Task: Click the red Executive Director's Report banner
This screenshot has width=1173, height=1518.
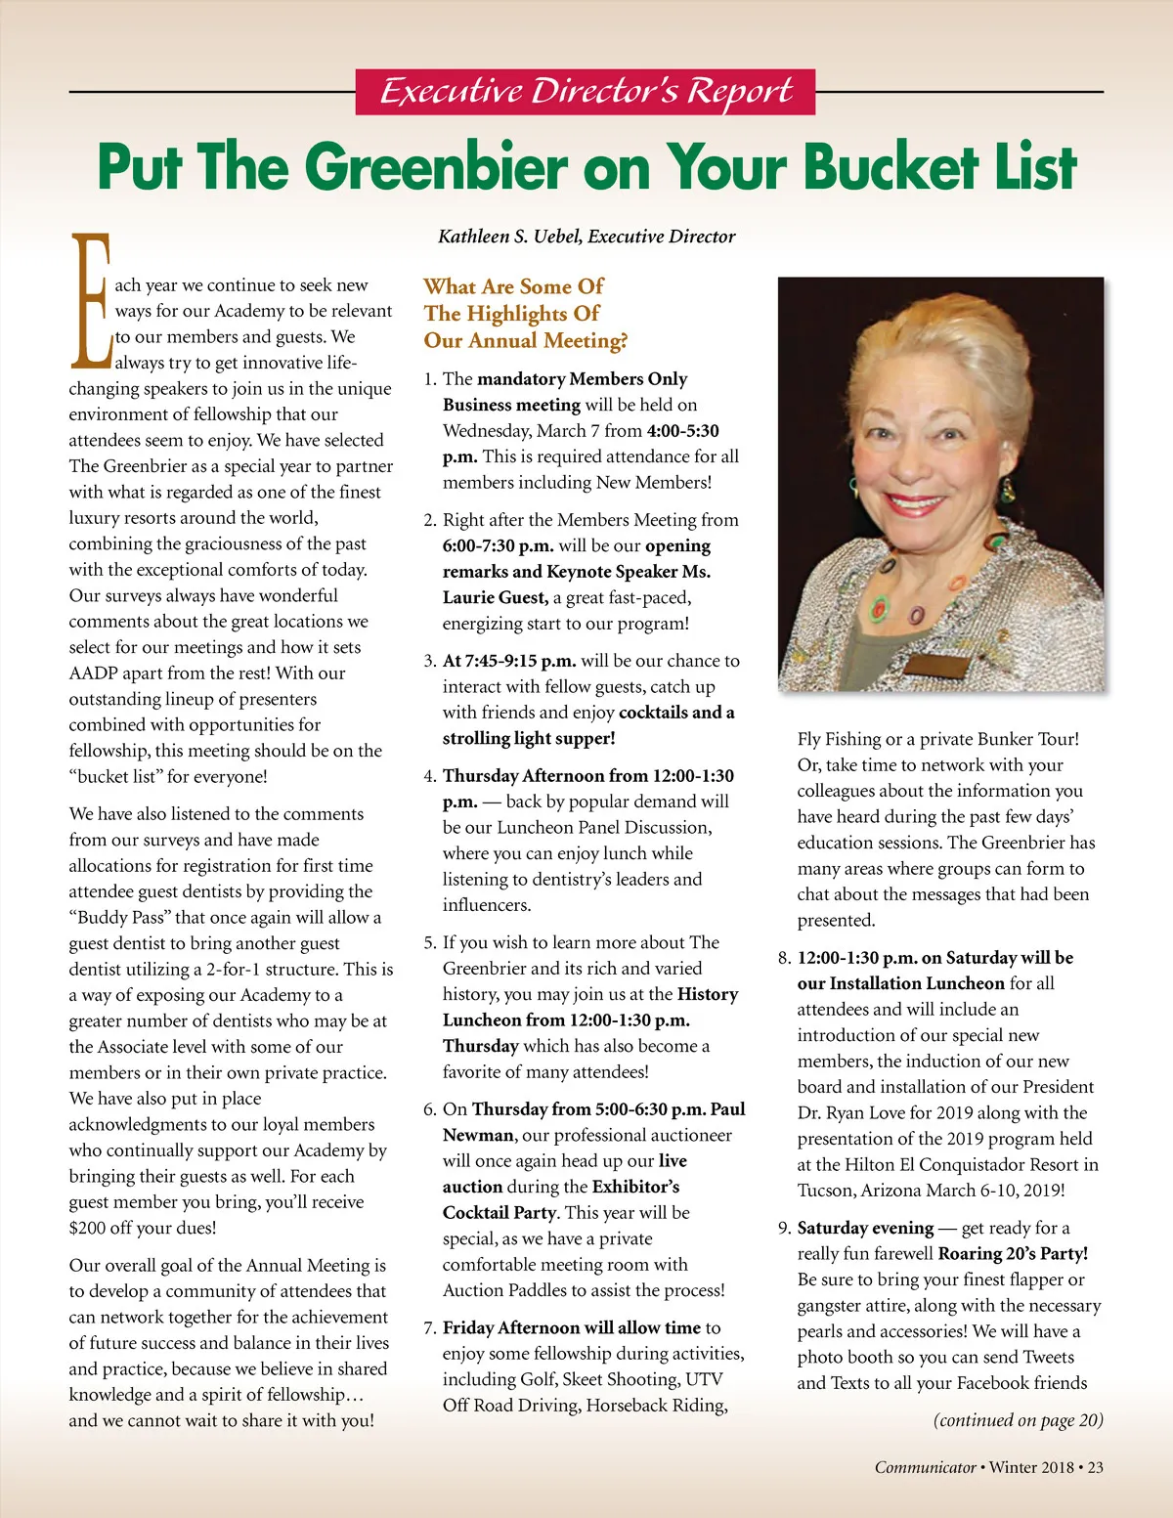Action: pos(585,92)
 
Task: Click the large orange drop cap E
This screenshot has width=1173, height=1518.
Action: pos(91,301)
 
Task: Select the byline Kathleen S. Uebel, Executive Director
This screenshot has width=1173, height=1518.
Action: pos(586,237)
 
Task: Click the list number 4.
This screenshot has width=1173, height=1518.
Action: pos(429,776)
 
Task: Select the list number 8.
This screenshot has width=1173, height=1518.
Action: pos(784,958)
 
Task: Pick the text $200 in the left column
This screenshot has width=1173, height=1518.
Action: pos(88,1228)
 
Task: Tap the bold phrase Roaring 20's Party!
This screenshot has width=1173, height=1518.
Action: pos(1013,1254)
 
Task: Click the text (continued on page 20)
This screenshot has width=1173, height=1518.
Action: pos(1018,1420)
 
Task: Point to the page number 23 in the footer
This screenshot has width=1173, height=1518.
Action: pos(1095,1467)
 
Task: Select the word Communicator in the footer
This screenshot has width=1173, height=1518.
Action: pos(925,1467)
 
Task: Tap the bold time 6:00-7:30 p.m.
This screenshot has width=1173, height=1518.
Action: pos(499,545)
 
